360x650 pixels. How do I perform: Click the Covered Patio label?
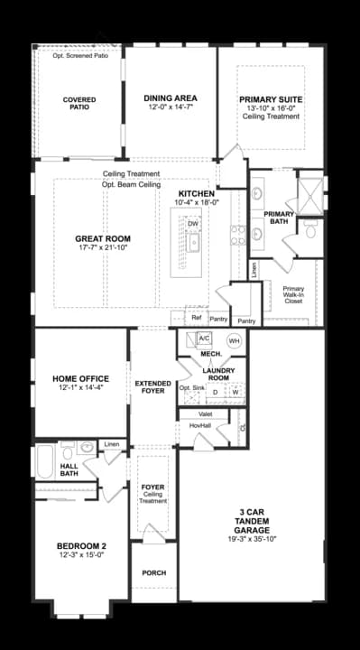tap(79, 104)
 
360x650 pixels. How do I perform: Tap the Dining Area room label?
tap(171, 98)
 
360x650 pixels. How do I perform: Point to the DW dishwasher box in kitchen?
tap(193, 223)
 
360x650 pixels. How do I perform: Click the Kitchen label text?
tap(196, 194)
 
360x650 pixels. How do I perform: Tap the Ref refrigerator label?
tap(196, 319)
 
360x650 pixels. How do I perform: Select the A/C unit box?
tap(204, 339)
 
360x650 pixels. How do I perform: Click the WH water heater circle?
tap(234, 341)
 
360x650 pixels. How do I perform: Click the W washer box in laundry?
tap(235, 393)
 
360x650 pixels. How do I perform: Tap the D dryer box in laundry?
tap(215, 393)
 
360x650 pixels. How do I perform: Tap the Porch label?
tap(154, 572)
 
